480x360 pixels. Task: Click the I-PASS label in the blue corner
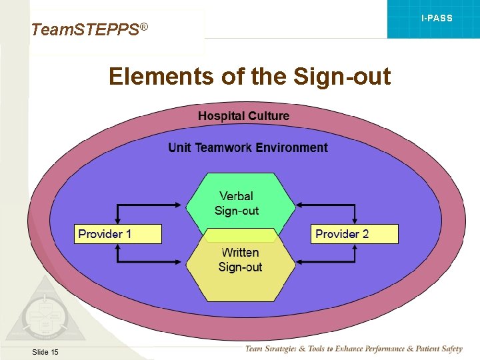pos(437,18)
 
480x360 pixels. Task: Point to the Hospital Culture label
pos(243,116)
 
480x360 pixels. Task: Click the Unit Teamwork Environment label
pos(248,148)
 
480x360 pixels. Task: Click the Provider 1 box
pos(117,234)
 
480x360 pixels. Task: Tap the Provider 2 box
pos(355,234)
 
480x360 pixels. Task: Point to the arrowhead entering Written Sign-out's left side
pos(181,262)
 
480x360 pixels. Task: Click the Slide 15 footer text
pos(45,351)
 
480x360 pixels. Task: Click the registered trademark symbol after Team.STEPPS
pos(143,26)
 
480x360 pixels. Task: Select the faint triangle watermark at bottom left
pos(43,313)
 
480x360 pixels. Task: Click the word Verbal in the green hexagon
pos(236,196)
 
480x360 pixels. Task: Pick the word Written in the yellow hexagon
pos(240,253)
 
